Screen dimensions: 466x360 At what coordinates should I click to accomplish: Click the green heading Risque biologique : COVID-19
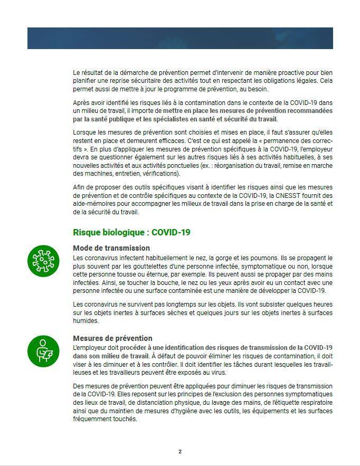[x=131, y=232]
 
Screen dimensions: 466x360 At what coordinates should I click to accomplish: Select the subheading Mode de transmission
[x=111, y=248]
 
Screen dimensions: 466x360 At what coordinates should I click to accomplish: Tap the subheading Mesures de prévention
[x=112, y=338]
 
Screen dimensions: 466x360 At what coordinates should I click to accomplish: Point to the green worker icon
[x=43, y=350]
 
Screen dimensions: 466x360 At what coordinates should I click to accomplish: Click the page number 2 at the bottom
[x=180, y=451]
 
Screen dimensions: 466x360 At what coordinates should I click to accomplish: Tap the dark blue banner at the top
[x=180, y=38]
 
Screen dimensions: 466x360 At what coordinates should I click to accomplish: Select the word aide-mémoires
[x=92, y=204]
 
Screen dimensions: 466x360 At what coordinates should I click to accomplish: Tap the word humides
[x=86, y=320]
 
